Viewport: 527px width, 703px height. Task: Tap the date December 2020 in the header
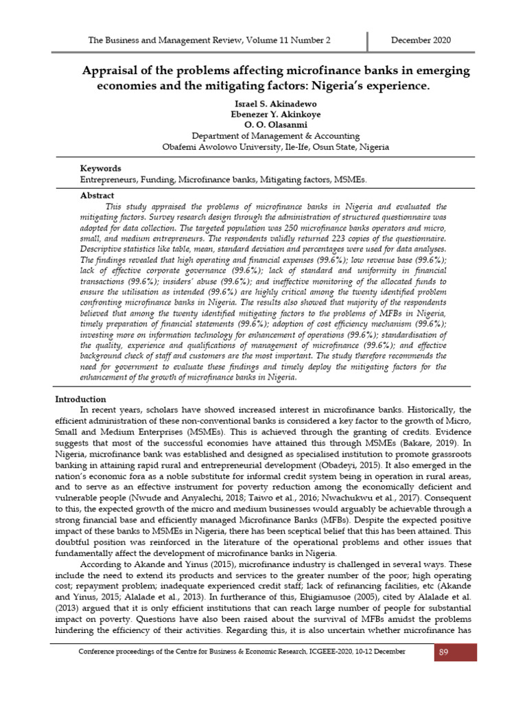point(421,41)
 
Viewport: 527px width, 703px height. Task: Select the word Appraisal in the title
point(111,71)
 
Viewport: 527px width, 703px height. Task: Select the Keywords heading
point(101,168)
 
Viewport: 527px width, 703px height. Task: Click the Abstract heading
point(97,196)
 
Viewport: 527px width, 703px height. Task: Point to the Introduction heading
point(80,399)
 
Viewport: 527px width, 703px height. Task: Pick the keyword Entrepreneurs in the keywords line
point(108,179)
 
